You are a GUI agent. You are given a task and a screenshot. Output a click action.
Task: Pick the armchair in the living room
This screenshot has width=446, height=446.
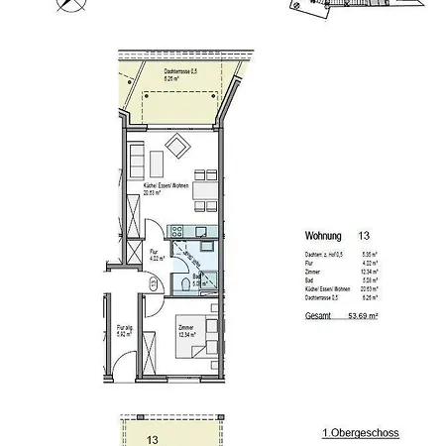(180, 150)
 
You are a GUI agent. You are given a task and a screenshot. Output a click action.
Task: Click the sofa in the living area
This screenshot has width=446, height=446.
(138, 159)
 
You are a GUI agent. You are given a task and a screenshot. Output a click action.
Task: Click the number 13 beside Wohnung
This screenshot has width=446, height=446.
(364, 237)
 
